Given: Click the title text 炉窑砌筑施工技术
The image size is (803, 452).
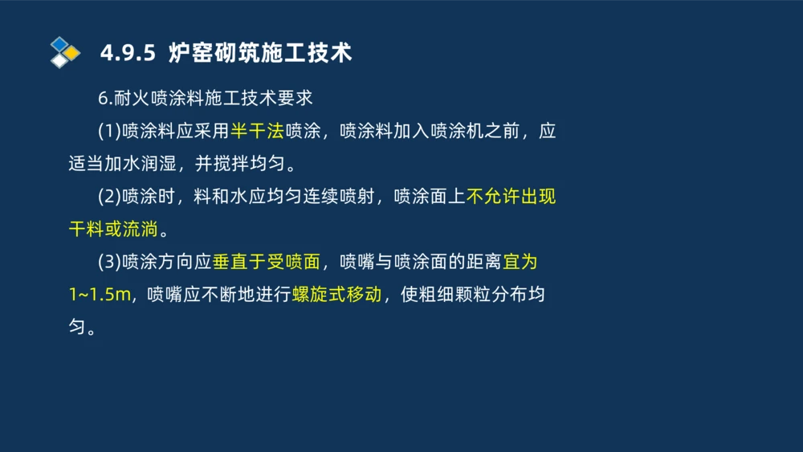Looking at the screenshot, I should pos(260,53).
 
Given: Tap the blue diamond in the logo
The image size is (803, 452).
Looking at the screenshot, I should pos(59,43).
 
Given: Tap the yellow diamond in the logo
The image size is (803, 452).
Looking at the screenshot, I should pos(71,53).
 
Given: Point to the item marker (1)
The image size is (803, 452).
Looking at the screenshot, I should pos(108,131).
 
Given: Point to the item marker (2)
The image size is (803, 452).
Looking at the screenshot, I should pos(108,197).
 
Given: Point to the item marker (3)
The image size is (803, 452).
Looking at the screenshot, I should pos(108,262).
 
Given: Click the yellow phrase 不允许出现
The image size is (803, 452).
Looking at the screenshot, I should pos(511,197).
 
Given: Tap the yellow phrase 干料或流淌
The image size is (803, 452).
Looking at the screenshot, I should pos(113,230).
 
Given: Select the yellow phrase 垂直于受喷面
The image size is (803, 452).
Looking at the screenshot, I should pos(267,262).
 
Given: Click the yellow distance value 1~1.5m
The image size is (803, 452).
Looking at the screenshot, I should pos(100,295).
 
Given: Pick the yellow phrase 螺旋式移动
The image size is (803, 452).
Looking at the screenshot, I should pos(336,295).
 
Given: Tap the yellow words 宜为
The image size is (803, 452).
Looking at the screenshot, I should pos(520,262).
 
